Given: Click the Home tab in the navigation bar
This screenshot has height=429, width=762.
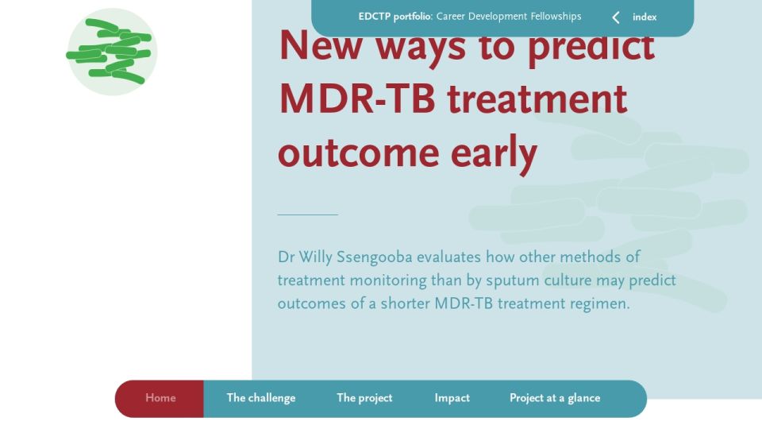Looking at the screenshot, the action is pos(160,398).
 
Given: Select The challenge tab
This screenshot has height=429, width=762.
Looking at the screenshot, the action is pos(261,398).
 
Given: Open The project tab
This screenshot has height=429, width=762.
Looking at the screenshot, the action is pos(364,398).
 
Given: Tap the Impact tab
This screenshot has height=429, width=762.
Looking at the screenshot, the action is pos(452,398).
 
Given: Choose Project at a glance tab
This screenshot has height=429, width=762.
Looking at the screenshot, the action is pos(555,398).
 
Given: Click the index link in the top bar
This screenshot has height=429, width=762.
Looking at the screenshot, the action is pos(645,17).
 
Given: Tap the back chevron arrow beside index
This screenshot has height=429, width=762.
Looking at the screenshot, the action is pos(616,17).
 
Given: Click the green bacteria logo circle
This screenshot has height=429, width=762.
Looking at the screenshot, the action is pos(112,52).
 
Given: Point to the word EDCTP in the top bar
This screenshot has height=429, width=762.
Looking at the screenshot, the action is pos(374,17).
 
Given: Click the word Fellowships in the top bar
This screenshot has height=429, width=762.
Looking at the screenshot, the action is pos(556,17).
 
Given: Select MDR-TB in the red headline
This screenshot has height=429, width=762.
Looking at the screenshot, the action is pos(357,99).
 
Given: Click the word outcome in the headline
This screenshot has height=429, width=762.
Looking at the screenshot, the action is pos(359,153).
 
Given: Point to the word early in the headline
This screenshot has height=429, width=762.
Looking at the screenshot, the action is pos(494,153).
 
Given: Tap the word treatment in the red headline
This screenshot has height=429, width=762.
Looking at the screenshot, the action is pos(537,99).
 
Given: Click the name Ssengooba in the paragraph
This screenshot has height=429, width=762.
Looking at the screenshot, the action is pos(374,257).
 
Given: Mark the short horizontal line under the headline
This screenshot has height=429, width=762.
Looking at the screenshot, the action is pos(308,214).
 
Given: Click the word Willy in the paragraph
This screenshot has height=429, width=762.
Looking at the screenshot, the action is pos(315,257).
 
